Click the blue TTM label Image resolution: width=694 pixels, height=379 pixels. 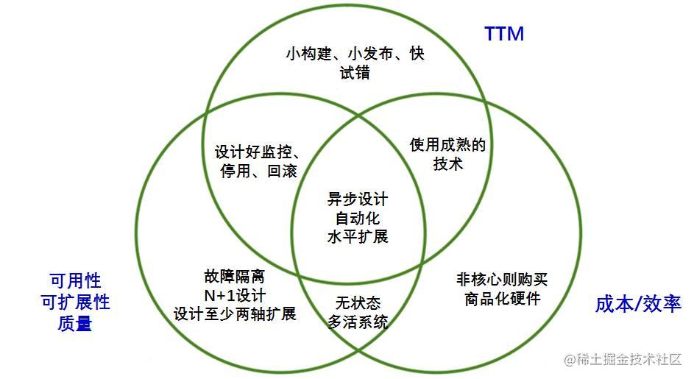click(504, 34)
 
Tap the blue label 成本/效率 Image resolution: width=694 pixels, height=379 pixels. click(638, 304)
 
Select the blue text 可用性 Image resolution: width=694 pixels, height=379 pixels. click(75, 280)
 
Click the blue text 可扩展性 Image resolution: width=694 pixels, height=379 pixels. click(75, 302)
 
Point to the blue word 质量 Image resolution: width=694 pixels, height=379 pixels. click(75, 323)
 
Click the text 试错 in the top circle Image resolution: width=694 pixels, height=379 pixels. click(355, 72)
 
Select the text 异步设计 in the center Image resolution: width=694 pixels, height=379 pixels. click(358, 199)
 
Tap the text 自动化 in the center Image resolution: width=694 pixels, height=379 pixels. click(358, 218)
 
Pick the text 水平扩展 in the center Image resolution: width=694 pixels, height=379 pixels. click(358, 236)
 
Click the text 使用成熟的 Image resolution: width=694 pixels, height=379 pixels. click(447, 145)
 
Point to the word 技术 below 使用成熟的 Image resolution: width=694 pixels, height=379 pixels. click(448, 164)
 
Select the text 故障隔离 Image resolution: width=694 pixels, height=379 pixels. click(235, 277)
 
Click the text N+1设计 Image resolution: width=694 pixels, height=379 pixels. click(235, 295)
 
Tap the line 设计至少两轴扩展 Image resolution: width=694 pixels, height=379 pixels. click(235, 314)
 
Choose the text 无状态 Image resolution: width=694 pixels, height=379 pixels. click(358, 303)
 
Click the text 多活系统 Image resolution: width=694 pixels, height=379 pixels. click(358, 322)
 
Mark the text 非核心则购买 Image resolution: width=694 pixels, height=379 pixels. click(502, 280)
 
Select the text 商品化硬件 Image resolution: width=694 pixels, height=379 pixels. click(503, 299)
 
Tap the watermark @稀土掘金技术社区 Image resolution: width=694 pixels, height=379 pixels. click(623, 359)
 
